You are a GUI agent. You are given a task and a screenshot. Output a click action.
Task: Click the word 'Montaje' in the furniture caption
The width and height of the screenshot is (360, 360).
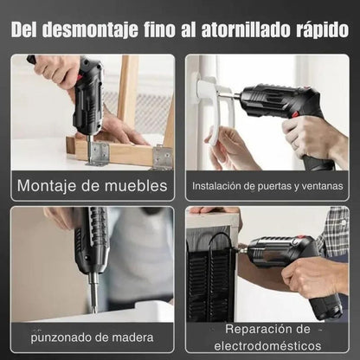pyautogui.click(x=48, y=185)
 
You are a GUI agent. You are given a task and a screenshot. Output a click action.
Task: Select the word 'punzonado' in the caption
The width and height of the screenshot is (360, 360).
pyautogui.click(x=61, y=337)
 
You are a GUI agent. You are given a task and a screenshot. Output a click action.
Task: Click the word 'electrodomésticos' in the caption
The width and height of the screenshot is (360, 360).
pyautogui.click(x=267, y=345)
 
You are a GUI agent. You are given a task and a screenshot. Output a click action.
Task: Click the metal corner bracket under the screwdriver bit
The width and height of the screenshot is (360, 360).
pyautogui.click(x=97, y=154)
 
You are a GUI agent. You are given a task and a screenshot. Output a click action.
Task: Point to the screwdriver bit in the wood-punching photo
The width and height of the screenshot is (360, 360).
pyautogui.click(x=93, y=292)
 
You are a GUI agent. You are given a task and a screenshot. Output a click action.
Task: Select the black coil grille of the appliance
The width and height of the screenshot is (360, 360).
pyautogui.click(x=209, y=277)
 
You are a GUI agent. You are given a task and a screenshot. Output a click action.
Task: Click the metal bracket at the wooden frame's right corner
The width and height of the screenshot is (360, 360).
pyautogui.click(x=162, y=157)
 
